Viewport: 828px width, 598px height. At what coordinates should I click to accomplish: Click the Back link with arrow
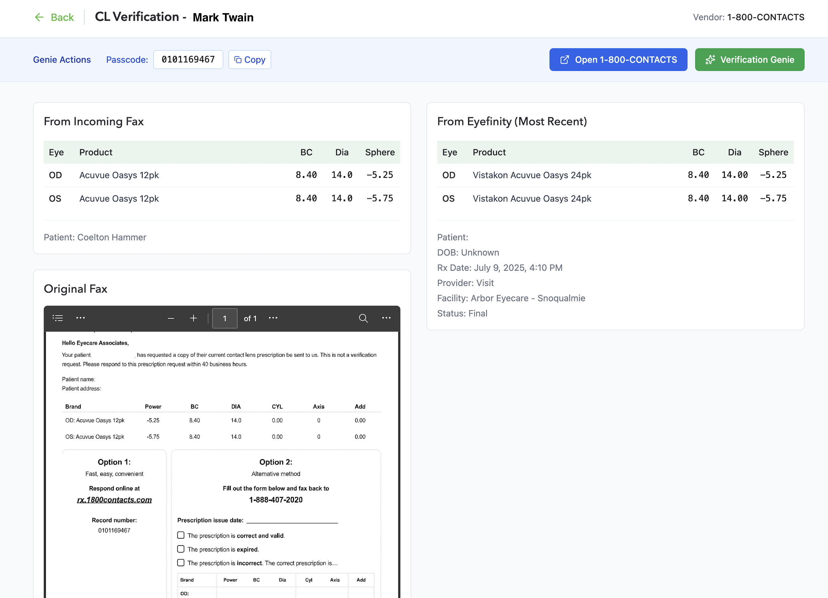point(55,17)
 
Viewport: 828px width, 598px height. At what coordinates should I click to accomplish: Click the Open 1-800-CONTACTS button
point(618,60)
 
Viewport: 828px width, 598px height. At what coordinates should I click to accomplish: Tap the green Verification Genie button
point(749,60)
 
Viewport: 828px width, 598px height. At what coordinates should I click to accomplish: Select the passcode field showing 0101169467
point(188,60)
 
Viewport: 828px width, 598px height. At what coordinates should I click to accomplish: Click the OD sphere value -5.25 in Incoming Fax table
point(380,175)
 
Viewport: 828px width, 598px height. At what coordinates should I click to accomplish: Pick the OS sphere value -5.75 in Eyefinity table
point(773,199)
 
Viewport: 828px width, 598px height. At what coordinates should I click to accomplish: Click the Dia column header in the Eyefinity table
point(734,152)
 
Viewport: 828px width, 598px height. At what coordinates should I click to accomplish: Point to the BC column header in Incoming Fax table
point(306,152)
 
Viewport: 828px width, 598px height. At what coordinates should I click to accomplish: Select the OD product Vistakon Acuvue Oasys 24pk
point(532,175)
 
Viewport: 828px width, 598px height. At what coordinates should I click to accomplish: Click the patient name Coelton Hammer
point(112,237)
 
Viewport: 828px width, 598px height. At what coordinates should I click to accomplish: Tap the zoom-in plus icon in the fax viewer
point(194,318)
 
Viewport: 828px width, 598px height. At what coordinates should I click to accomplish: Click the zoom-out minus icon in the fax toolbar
point(171,318)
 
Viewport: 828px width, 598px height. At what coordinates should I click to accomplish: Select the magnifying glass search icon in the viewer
point(363,318)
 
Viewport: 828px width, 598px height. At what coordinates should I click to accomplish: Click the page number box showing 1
point(225,318)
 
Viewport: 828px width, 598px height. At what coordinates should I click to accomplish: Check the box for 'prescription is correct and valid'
point(181,535)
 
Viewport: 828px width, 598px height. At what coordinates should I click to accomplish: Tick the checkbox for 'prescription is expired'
point(181,549)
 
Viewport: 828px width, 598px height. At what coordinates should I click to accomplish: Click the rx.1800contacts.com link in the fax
point(114,500)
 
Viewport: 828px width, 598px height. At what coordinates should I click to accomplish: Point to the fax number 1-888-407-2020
point(276,500)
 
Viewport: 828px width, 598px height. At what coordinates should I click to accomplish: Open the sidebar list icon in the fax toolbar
point(58,318)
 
